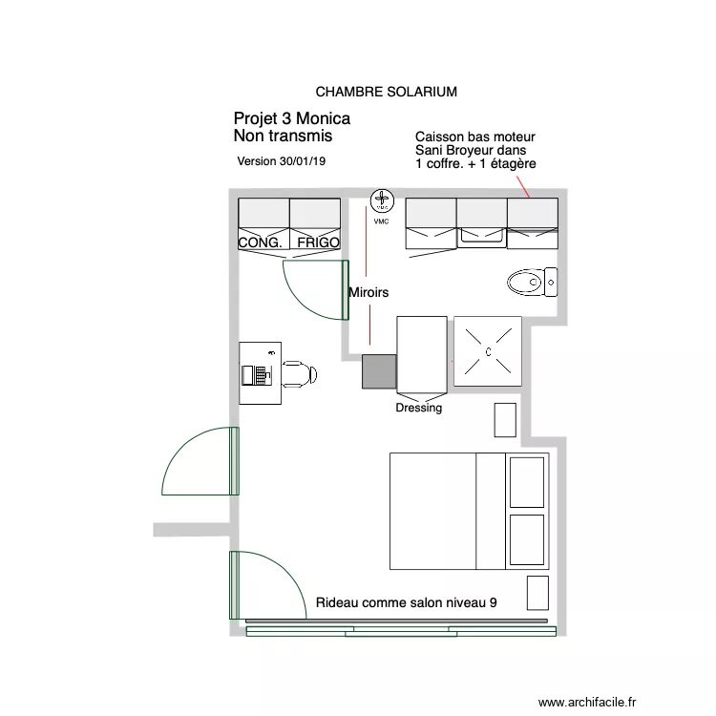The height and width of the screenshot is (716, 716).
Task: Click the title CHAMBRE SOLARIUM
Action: click(x=386, y=93)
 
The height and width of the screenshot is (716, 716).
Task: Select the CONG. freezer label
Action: click(x=260, y=243)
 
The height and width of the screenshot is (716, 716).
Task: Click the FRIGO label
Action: click(x=318, y=243)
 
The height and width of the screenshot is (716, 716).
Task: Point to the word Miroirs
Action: click(x=369, y=293)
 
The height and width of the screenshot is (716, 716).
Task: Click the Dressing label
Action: click(x=419, y=409)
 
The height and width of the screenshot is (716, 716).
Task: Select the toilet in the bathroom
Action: click(x=528, y=282)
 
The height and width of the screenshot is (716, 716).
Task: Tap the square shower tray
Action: click(x=488, y=351)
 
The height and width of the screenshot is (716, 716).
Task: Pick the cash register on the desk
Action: click(x=256, y=373)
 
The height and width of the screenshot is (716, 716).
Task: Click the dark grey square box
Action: click(x=378, y=371)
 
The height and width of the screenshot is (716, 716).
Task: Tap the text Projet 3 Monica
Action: click(x=291, y=119)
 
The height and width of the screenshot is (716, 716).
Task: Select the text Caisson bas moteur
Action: click(x=475, y=137)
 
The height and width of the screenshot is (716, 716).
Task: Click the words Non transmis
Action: click(x=283, y=137)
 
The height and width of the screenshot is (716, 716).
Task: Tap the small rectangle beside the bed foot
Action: click(x=538, y=593)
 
